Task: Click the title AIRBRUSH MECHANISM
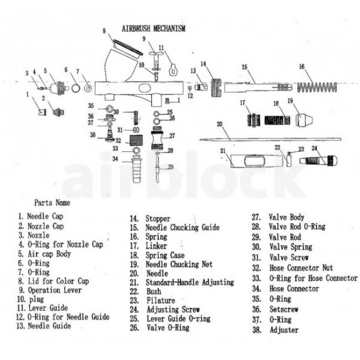[x=154, y=28]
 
